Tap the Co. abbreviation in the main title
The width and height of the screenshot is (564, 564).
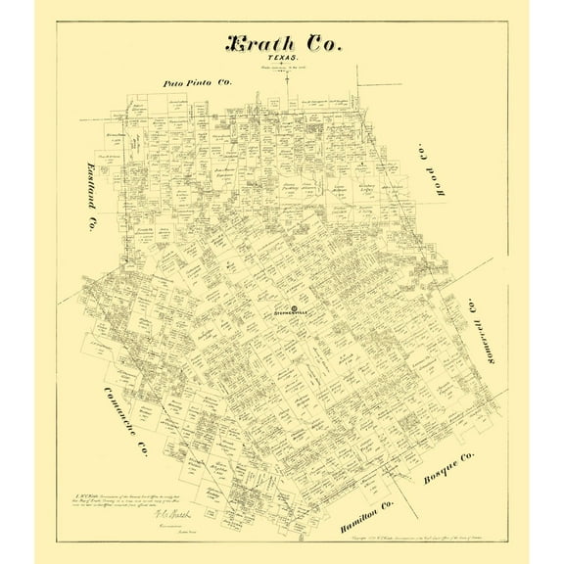pyautogui.click(x=322, y=47)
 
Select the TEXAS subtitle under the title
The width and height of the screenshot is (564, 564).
pyautogui.click(x=282, y=62)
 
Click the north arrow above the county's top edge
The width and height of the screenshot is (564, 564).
pyautogui.click(x=288, y=81)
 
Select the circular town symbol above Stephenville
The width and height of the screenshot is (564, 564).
pyautogui.click(x=281, y=307)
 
